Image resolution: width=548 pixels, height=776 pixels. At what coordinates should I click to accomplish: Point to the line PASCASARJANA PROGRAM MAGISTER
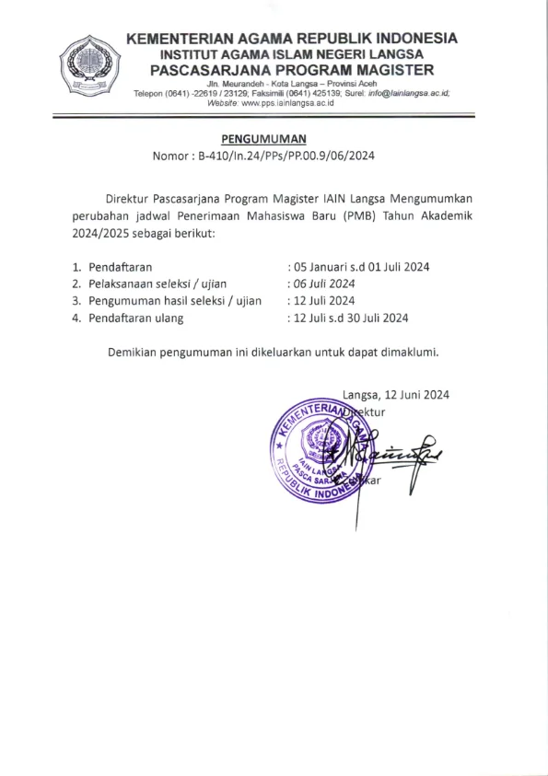(x=292, y=70)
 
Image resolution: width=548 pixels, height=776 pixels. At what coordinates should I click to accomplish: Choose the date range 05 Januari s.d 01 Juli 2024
(x=362, y=267)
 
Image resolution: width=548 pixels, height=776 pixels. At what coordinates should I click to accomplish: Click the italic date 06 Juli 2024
(x=324, y=284)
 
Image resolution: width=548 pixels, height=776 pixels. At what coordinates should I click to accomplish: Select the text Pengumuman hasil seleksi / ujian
(x=175, y=301)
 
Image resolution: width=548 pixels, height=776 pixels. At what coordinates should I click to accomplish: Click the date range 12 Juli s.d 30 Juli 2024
(x=351, y=319)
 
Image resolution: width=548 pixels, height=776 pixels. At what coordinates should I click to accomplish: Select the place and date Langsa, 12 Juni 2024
(x=395, y=394)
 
